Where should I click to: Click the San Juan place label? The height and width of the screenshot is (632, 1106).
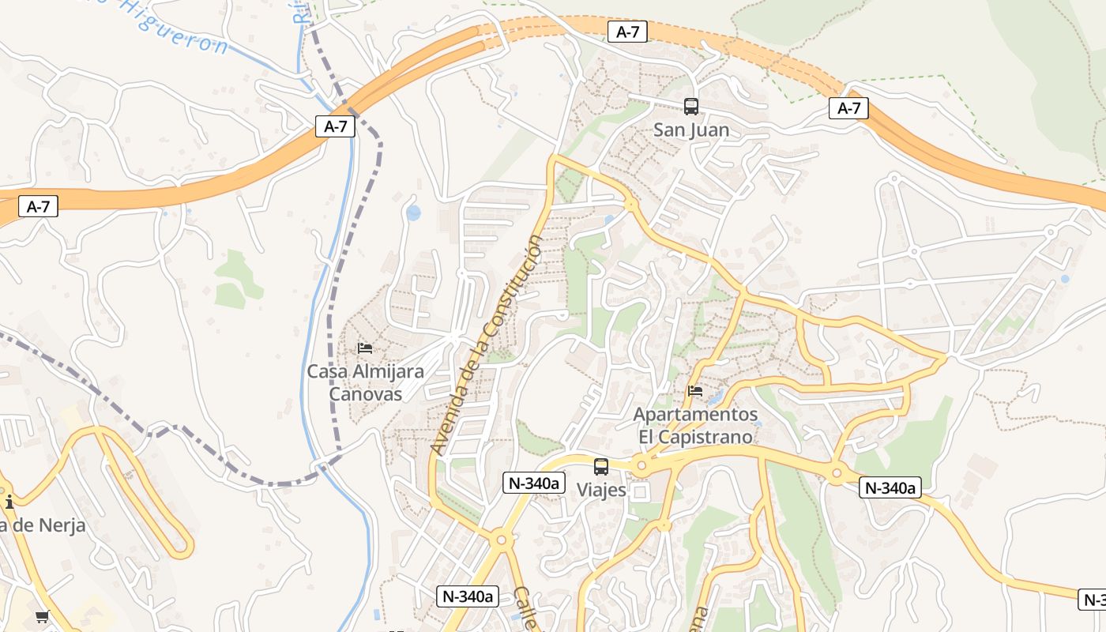(x=691, y=130)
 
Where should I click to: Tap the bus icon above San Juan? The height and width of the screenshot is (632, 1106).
(x=691, y=106)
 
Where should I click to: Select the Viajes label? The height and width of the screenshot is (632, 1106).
(x=601, y=490)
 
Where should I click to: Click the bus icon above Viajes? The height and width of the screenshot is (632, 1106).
(x=601, y=466)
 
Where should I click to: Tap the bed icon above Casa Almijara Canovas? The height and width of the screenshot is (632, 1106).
(x=365, y=348)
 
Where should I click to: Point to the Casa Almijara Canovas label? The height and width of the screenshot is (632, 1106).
(x=365, y=382)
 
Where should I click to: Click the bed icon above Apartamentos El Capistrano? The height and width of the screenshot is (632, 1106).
(x=695, y=390)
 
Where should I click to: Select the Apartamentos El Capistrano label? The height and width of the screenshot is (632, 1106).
(x=695, y=425)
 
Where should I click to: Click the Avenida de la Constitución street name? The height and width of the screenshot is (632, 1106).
(x=487, y=344)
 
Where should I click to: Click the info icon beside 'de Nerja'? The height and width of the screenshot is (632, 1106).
(x=9, y=502)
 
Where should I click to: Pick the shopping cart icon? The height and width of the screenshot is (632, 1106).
(x=42, y=616)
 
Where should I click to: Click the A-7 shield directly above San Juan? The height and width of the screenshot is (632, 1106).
(x=627, y=32)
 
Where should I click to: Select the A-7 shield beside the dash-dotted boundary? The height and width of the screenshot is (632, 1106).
(x=335, y=126)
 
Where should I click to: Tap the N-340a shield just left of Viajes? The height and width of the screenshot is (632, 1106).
(x=534, y=483)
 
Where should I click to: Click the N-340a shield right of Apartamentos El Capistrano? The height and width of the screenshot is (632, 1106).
(x=890, y=488)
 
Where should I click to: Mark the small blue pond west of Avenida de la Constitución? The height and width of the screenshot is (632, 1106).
(x=413, y=213)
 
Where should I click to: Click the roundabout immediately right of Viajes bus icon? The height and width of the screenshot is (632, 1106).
(x=641, y=466)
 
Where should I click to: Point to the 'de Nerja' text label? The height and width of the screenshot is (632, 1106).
(x=43, y=525)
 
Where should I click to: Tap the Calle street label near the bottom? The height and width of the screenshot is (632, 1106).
(x=526, y=608)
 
